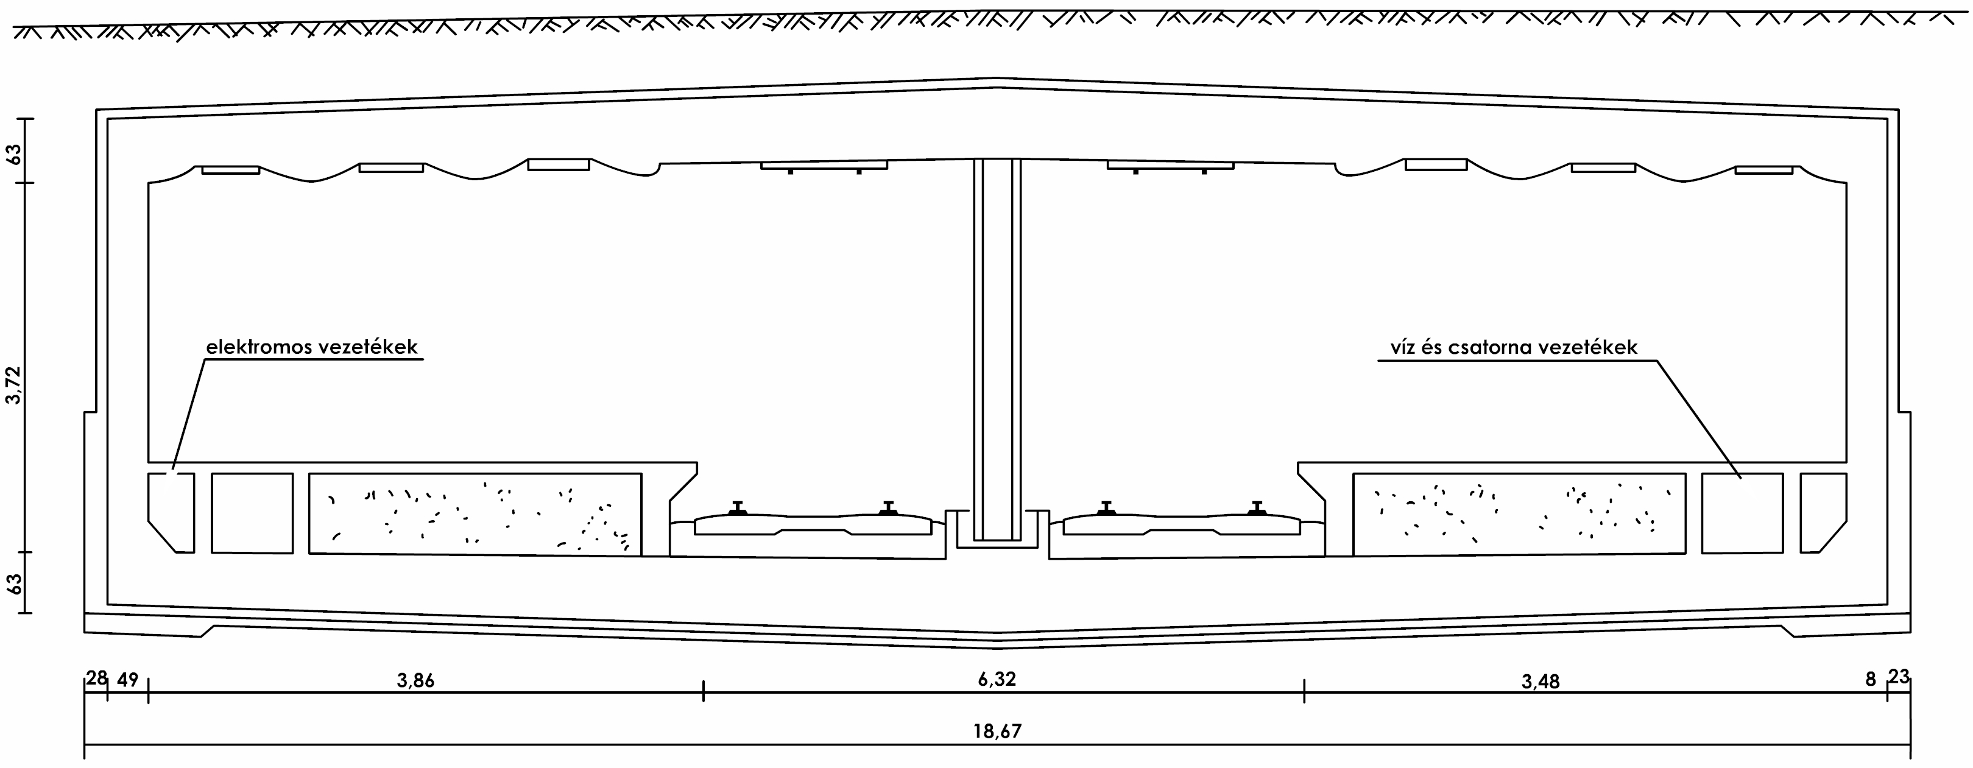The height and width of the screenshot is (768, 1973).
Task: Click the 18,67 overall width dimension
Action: click(x=997, y=731)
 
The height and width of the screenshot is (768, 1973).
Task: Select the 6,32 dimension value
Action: click(x=997, y=679)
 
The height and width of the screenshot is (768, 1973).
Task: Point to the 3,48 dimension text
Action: click(x=1541, y=682)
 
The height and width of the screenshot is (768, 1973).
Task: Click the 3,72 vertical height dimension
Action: click(x=15, y=385)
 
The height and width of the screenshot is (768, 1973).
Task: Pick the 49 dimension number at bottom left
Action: click(x=128, y=679)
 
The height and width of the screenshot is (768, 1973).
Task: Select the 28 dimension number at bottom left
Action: click(x=96, y=678)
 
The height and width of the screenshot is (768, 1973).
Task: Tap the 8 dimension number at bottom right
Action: click(x=1871, y=679)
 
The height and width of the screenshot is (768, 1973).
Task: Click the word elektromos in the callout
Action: click(x=259, y=347)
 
